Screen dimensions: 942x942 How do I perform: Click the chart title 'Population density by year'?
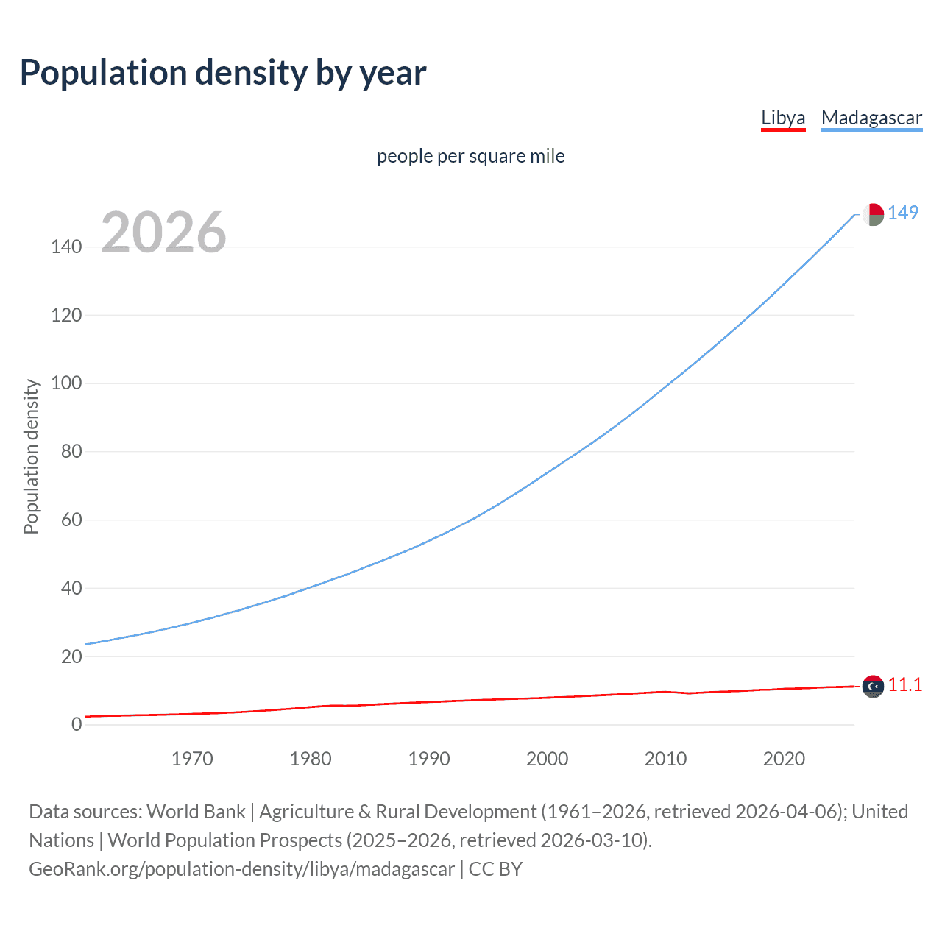[223, 73]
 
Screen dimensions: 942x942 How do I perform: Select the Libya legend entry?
[783, 118]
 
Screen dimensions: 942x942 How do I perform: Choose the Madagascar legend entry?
[871, 118]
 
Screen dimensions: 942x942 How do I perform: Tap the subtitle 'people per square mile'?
[470, 157]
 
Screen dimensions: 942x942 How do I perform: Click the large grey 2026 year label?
[163, 233]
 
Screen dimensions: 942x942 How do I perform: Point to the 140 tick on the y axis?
[66, 247]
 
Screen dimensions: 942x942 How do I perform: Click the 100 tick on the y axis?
[66, 383]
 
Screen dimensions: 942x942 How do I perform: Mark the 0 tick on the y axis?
[77, 725]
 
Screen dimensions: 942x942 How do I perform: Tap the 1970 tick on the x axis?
[192, 759]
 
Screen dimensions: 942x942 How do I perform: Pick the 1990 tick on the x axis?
[429, 759]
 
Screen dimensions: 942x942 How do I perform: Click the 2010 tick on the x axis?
[665, 759]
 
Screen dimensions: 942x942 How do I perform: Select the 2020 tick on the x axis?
[784, 759]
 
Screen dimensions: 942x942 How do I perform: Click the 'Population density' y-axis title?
[31, 456]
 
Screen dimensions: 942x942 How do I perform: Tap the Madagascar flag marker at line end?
[872, 214]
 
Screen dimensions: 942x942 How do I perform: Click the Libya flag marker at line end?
[872, 687]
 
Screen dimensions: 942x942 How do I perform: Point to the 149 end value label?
[903, 213]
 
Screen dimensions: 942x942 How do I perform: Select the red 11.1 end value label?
[904, 685]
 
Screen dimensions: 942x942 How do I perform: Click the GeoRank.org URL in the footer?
[241, 869]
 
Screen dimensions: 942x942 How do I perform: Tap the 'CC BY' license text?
[495, 869]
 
